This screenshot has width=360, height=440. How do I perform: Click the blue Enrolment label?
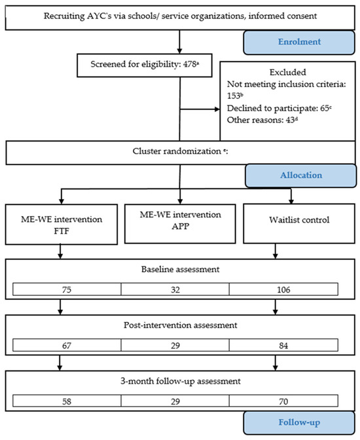tap(299, 42)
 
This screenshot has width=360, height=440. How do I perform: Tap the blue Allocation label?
tap(301, 175)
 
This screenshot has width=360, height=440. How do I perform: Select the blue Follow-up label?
tap(299, 422)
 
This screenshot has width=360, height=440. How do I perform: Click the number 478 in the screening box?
tap(190, 64)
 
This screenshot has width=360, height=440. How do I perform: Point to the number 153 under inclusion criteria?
tap(234, 96)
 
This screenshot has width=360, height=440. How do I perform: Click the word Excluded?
tap(287, 73)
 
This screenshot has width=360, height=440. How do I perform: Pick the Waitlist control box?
tap(299, 224)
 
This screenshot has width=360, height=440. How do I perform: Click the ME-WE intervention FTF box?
tap(62, 225)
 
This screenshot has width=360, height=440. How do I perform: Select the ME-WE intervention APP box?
tap(180, 224)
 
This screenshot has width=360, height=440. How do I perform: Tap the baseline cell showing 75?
tap(67, 289)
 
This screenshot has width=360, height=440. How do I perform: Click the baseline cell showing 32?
tap(175, 289)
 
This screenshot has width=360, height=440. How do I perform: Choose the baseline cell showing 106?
tap(283, 289)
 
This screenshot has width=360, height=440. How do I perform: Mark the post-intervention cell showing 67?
tap(67, 345)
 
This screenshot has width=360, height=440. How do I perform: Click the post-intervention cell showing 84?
tap(283, 345)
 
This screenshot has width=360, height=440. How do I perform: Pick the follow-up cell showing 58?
tap(67, 401)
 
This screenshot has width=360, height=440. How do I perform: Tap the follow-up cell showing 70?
tap(283, 401)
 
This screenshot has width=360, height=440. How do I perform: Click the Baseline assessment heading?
tap(180, 269)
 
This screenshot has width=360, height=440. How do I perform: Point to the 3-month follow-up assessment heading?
tap(181, 381)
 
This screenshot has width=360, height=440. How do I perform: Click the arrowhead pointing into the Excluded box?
tap(217, 109)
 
